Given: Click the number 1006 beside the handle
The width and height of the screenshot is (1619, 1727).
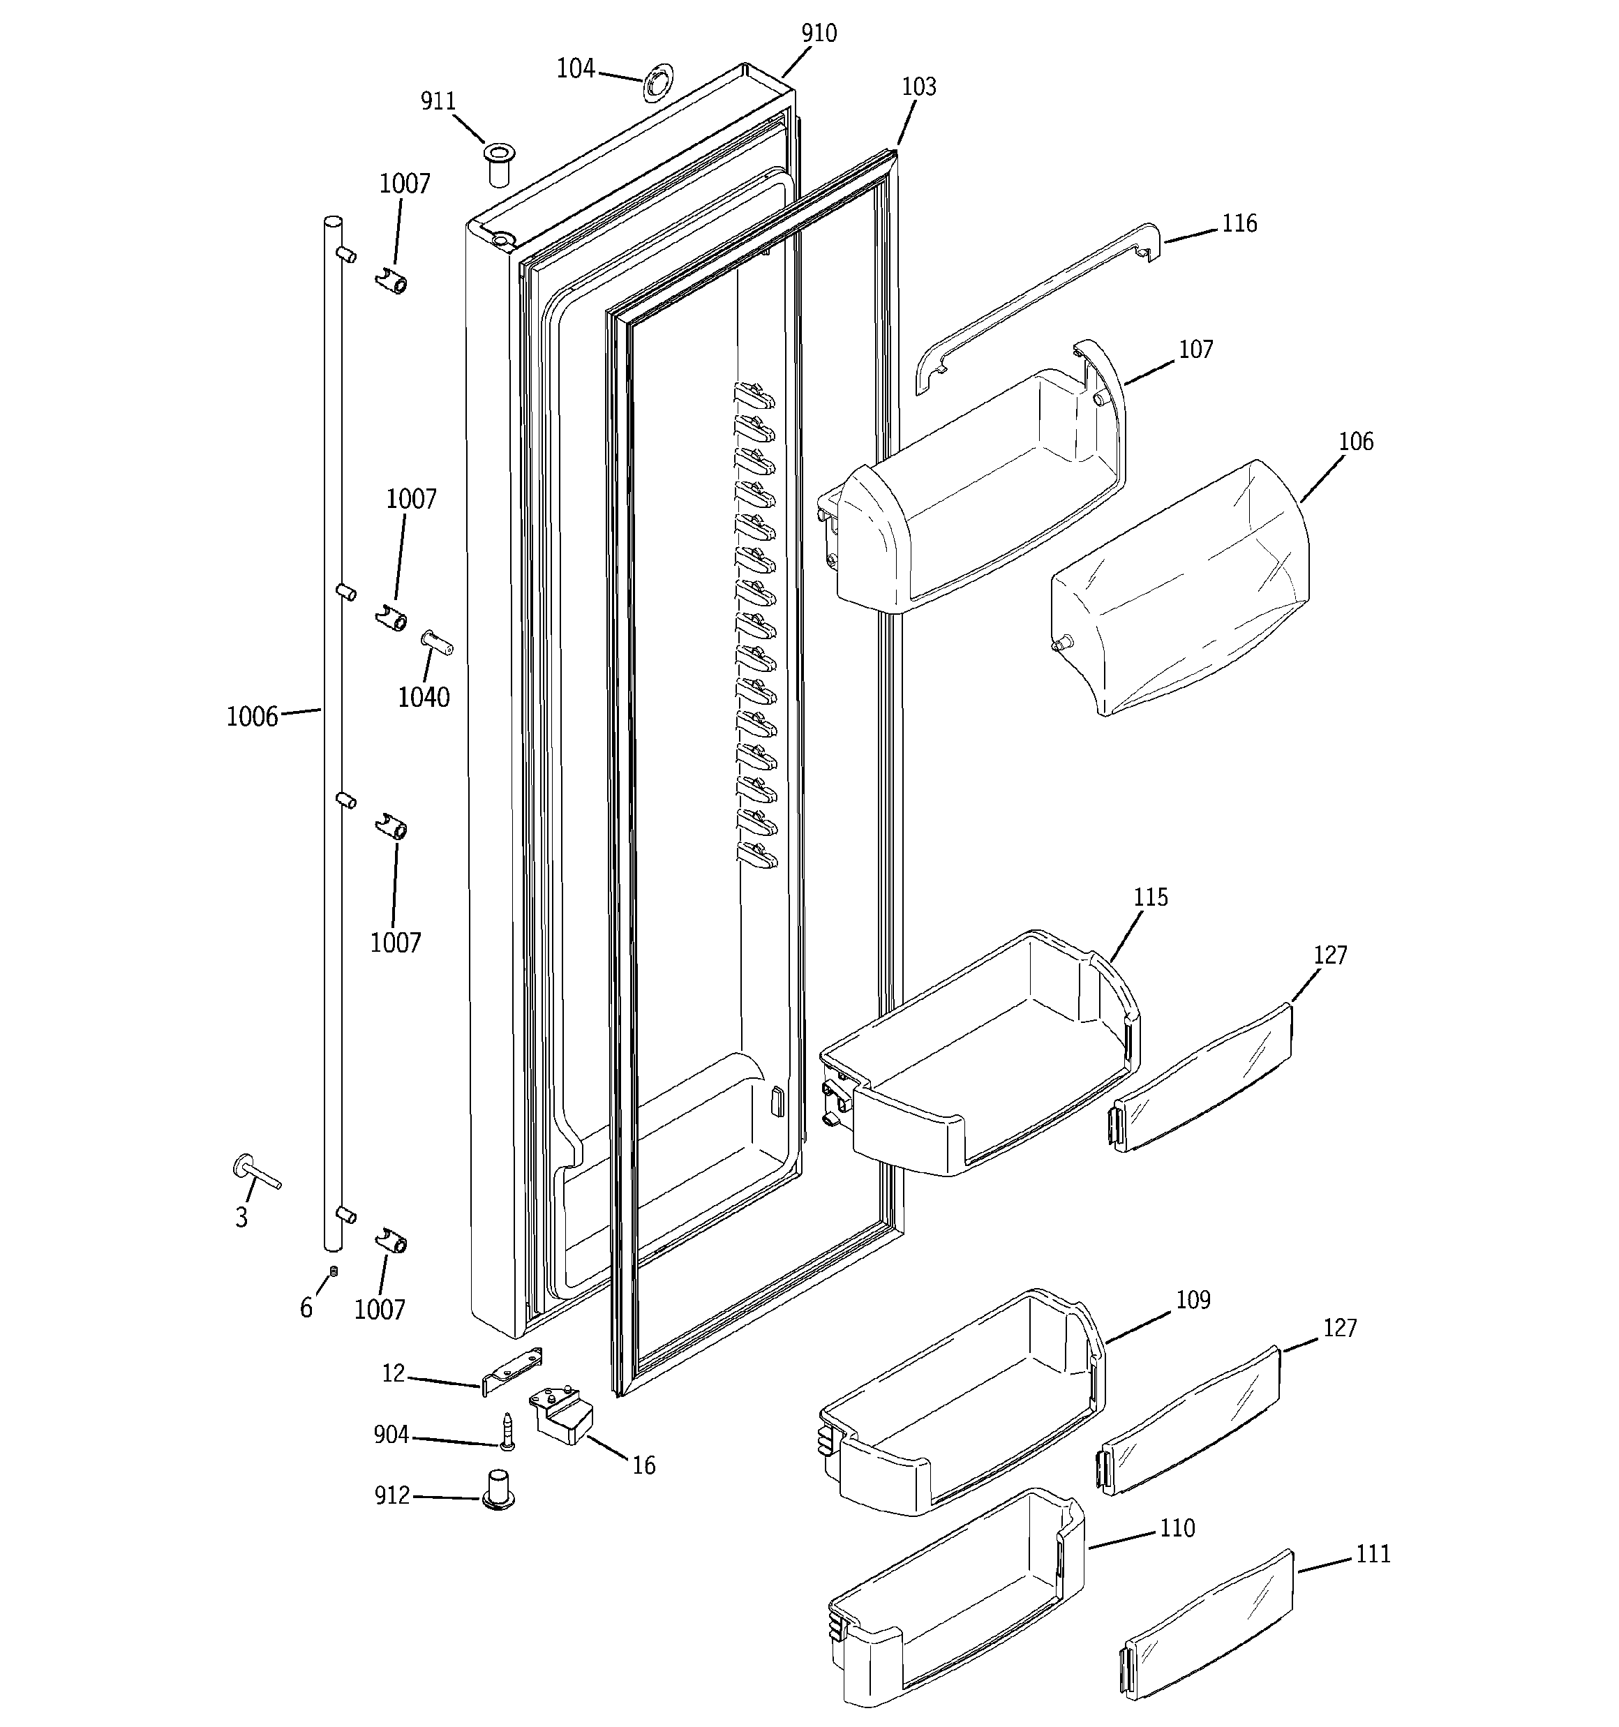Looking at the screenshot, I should pos(252,717).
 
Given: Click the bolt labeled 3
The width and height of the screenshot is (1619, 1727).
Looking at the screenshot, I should pos(255,1173).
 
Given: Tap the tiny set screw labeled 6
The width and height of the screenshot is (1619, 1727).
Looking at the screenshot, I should pos(333,1273).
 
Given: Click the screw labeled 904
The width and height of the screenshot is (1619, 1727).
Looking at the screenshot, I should pos(507,1432).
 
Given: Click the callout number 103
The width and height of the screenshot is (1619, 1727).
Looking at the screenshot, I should pos(918,87).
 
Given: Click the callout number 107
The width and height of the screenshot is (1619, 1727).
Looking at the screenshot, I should pos(1196,349).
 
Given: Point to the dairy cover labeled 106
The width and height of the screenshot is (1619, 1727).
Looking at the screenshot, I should pos(1182,591).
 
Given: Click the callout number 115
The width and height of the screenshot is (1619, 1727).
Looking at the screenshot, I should pos(1151,897).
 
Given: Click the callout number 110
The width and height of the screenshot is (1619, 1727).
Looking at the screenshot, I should pos(1177,1528).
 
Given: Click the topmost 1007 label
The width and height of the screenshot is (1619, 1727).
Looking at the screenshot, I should pos(405,184).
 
